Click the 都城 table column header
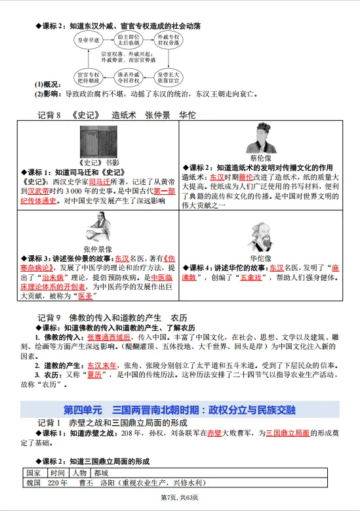101,472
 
